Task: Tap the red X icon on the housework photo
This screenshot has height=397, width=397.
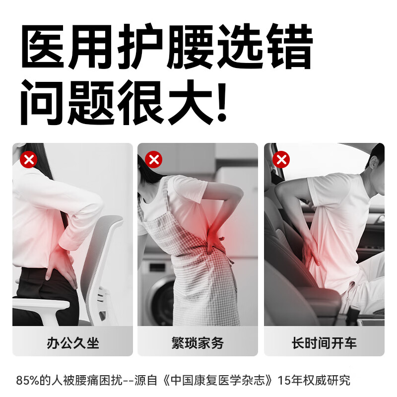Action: point(154,160)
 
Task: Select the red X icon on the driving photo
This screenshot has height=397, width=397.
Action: point(281,160)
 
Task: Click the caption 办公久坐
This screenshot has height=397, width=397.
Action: point(73,342)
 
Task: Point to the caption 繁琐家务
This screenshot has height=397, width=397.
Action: point(198,342)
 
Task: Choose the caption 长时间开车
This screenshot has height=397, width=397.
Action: point(324,342)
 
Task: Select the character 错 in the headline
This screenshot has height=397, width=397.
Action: point(290,48)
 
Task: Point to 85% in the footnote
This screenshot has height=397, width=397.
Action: point(27,381)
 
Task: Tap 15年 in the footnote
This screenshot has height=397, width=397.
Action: point(286,381)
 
